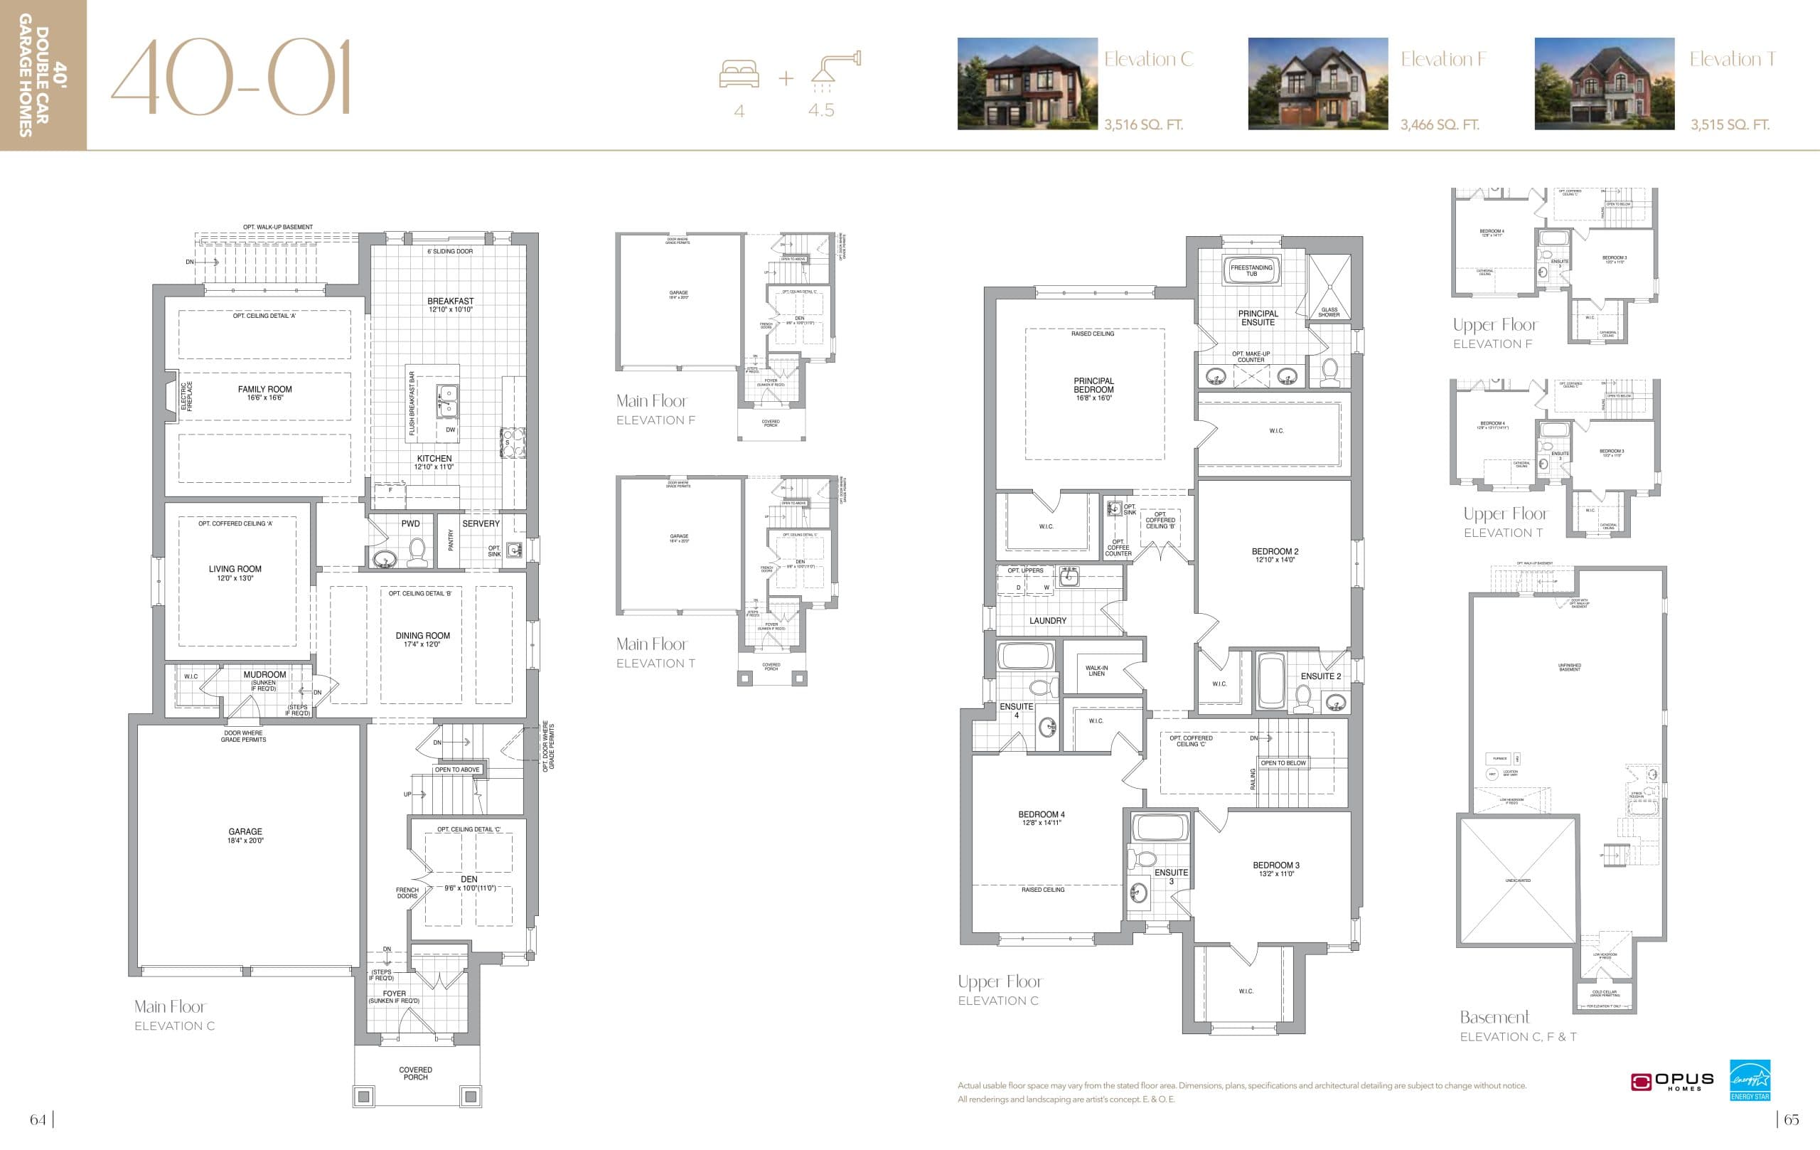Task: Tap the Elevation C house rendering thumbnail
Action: tap(1027, 84)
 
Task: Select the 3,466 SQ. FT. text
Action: tap(1439, 124)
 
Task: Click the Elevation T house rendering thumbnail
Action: tap(1604, 84)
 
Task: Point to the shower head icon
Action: tap(836, 68)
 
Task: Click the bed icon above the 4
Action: tap(739, 75)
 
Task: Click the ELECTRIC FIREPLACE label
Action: tap(186, 396)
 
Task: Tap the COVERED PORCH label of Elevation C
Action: tap(416, 1073)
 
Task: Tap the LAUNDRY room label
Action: tap(1047, 621)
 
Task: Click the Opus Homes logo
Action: tap(1671, 1082)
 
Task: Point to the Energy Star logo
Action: tap(1750, 1080)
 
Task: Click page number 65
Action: tap(1791, 1119)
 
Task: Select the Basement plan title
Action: tap(1494, 1017)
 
